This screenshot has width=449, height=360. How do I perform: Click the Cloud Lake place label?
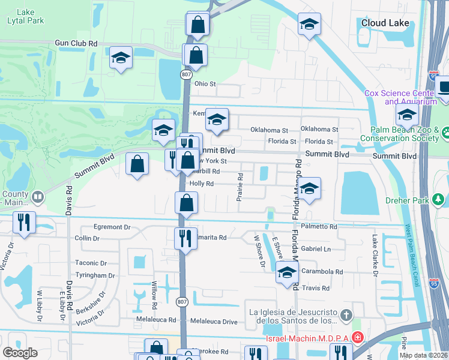(385, 23)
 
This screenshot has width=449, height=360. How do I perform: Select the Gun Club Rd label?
(76, 44)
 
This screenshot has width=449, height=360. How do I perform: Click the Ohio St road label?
(205, 84)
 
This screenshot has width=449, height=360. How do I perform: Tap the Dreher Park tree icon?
(439, 199)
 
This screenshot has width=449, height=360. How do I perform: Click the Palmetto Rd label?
(319, 227)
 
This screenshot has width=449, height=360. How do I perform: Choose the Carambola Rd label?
(322, 272)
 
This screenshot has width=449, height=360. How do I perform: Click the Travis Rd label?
(316, 289)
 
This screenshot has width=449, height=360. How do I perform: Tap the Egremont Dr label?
(112, 227)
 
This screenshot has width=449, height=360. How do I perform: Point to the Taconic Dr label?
(91, 263)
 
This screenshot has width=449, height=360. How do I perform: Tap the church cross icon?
(346, 315)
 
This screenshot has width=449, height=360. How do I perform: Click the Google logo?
(20, 352)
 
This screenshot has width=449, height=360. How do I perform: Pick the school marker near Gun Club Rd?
(121, 59)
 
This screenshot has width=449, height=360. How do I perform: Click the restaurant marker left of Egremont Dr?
(23, 223)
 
